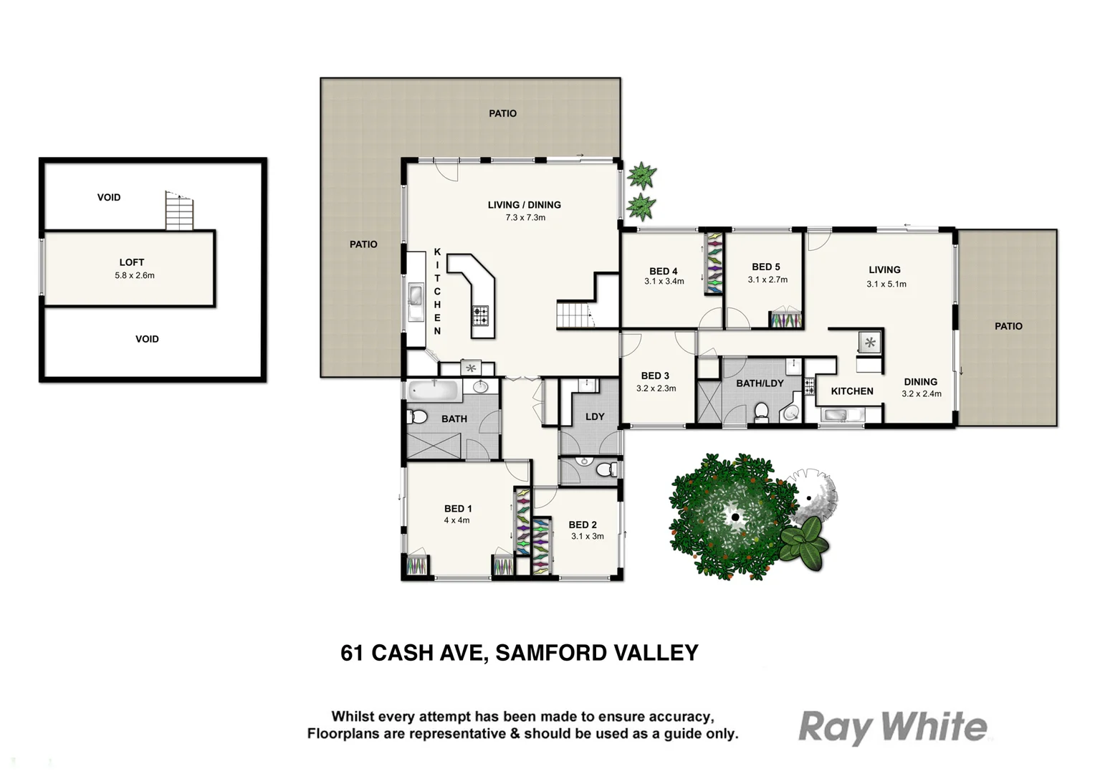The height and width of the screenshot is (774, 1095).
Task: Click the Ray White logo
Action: [x=892, y=727]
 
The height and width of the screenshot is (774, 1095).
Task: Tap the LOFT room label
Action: [x=131, y=262]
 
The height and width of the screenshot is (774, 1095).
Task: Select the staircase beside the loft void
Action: [x=179, y=212]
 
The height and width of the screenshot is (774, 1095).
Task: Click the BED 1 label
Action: [x=458, y=508]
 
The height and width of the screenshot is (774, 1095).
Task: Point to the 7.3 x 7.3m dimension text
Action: [x=525, y=217]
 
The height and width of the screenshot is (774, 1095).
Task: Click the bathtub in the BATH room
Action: [x=434, y=391]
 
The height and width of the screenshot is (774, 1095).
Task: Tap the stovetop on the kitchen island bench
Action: [x=480, y=315]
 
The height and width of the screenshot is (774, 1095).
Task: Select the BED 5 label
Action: [x=766, y=267]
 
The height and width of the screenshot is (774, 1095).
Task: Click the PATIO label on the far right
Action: [x=1008, y=326]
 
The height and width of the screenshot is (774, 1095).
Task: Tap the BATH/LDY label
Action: [x=760, y=383]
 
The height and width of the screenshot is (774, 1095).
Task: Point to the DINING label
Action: [x=920, y=382]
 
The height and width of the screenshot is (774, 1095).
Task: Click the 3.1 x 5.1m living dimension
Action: [x=886, y=284]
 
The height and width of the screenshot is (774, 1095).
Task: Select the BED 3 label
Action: [x=655, y=376]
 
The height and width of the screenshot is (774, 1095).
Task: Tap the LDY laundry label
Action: [x=595, y=416]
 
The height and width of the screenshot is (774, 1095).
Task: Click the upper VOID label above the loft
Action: [x=109, y=197]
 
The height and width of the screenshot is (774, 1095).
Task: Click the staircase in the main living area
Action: [x=575, y=315]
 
